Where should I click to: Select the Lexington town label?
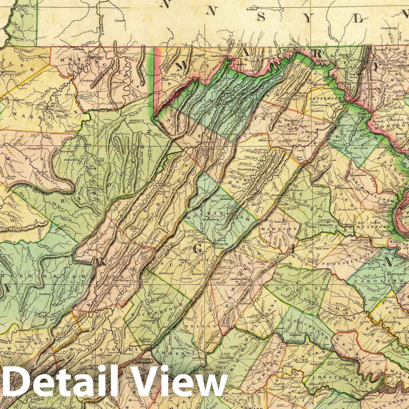tap(149, 320)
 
